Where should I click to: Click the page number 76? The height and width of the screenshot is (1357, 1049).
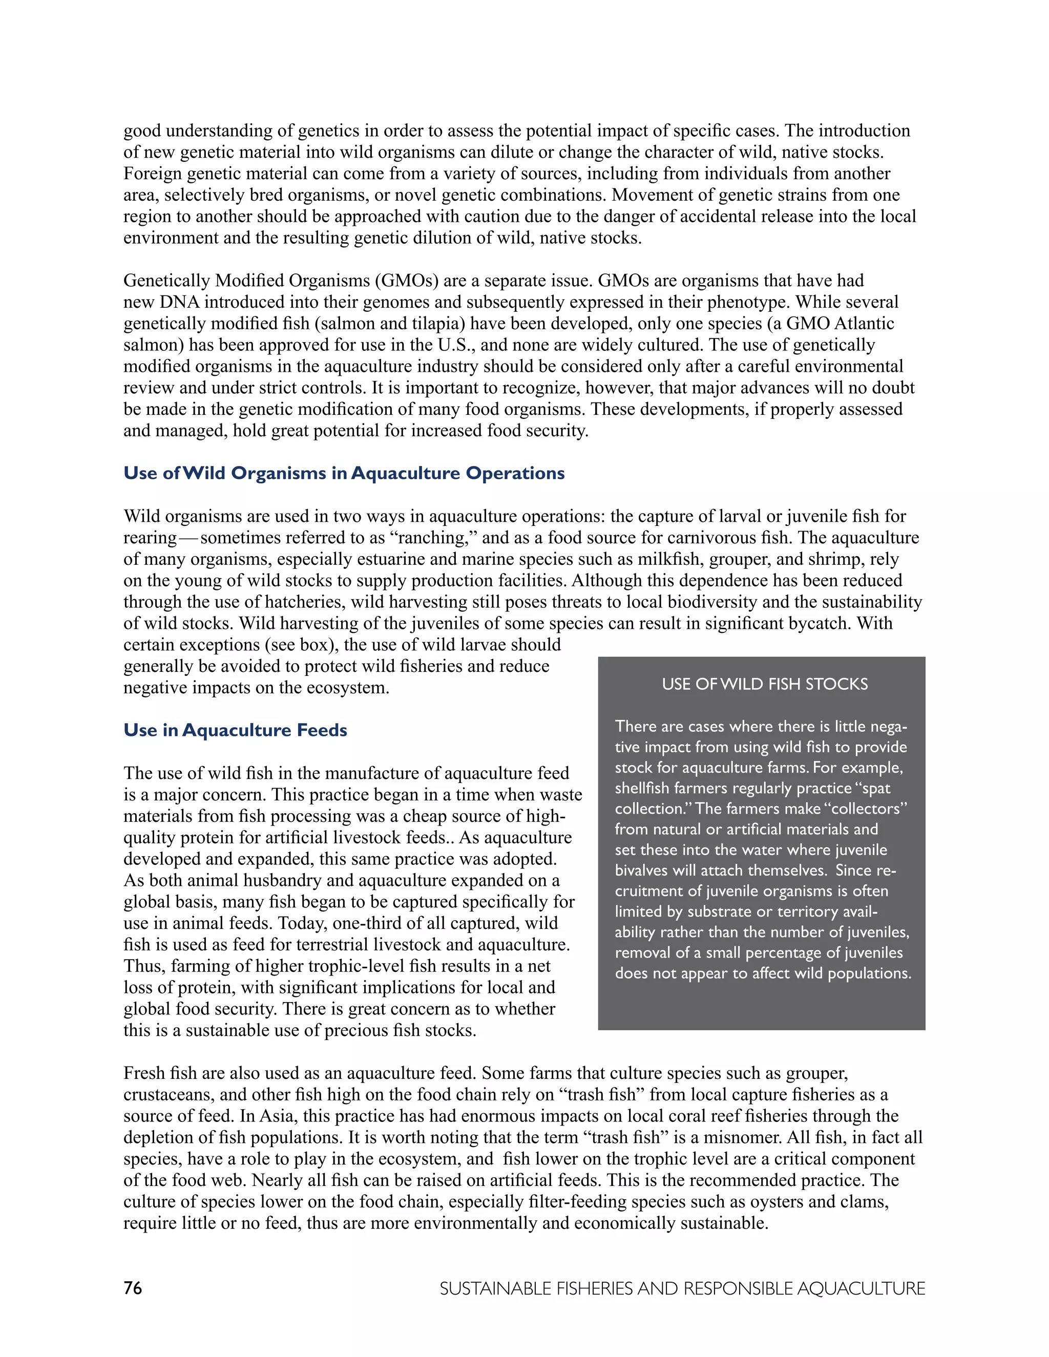133,1288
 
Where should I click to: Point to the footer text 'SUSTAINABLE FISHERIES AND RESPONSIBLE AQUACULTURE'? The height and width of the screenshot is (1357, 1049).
682,1289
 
